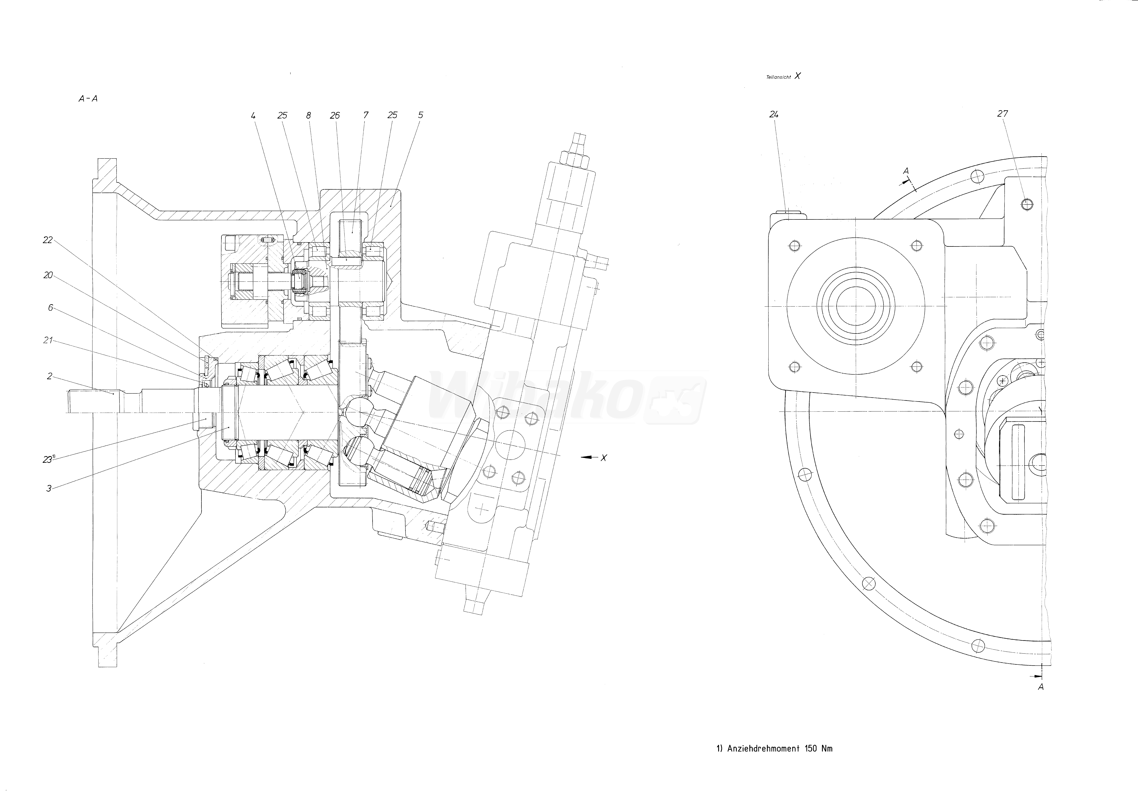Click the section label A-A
pos(88,99)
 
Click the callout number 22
pos(48,240)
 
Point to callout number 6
pos(50,308)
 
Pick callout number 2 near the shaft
pos(50,376)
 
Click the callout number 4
pos(253,115)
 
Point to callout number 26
pos(335,115)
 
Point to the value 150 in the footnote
pos(811,748)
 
